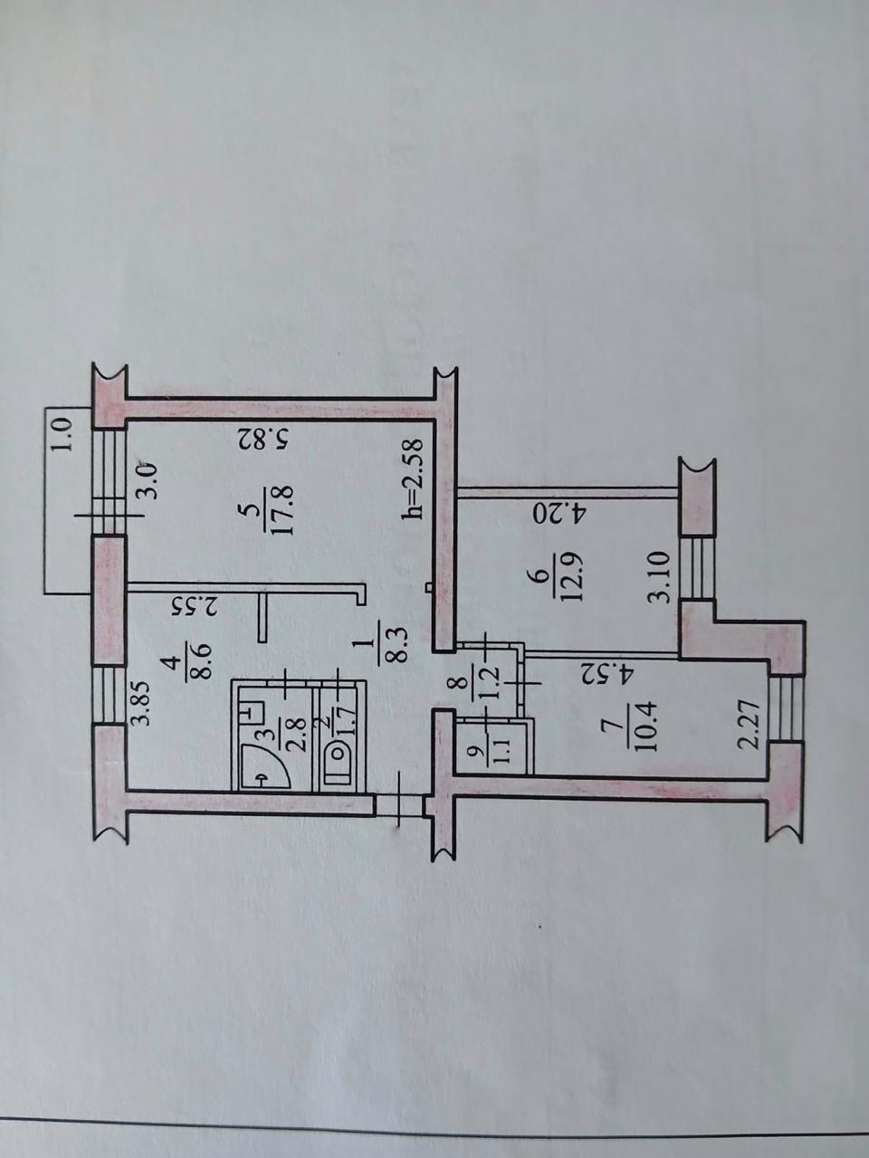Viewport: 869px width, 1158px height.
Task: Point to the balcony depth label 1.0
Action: click(62, 433)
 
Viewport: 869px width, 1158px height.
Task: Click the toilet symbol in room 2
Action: click(339, 766)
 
